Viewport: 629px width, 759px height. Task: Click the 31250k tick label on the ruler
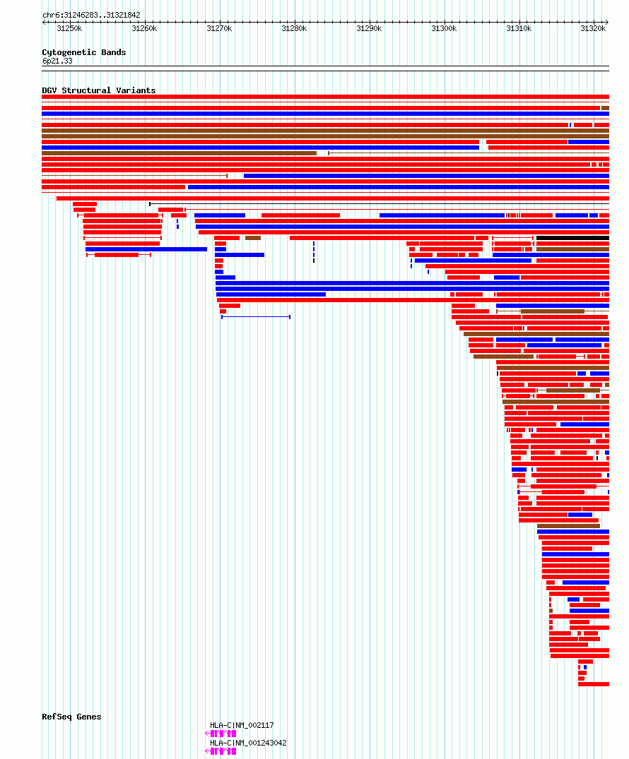click(x=69, y=28)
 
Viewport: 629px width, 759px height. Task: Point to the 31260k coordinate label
click(x=144, y=28)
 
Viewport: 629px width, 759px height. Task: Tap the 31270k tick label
click(x=219, y=28)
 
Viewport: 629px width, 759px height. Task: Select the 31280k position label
click(x=294, y=28)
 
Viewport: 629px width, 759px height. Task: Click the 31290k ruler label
click(x=369, y=28)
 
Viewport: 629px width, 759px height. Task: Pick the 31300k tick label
click(x=444, y=28)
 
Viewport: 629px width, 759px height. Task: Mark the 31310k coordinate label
click(x=519, y=28)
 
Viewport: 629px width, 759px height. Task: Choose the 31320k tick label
click(x=593, y=28)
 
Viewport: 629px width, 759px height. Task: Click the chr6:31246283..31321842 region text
click(x=91, y=15)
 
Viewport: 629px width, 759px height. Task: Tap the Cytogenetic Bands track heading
click(x=83, y=52)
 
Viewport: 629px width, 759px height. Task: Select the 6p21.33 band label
click(x=57, y=61)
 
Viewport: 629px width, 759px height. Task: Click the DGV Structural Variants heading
click(x=98, y=90)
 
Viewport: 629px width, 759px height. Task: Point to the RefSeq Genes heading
click(x=71, y=717)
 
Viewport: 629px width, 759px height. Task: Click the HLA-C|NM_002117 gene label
click(x=242, y=725)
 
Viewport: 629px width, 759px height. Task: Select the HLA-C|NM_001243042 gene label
click(x=248, y=743)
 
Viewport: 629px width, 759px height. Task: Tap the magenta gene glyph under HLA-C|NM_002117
click(x=221, y=734)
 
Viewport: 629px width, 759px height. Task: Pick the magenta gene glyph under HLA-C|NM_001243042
click(x=221, y=751)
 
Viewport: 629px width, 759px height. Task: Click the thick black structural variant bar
click(x=572, y=238)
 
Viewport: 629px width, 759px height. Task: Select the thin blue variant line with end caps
click(x=255, y=317)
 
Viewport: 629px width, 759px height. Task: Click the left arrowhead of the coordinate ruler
click(x=45, y=22)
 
